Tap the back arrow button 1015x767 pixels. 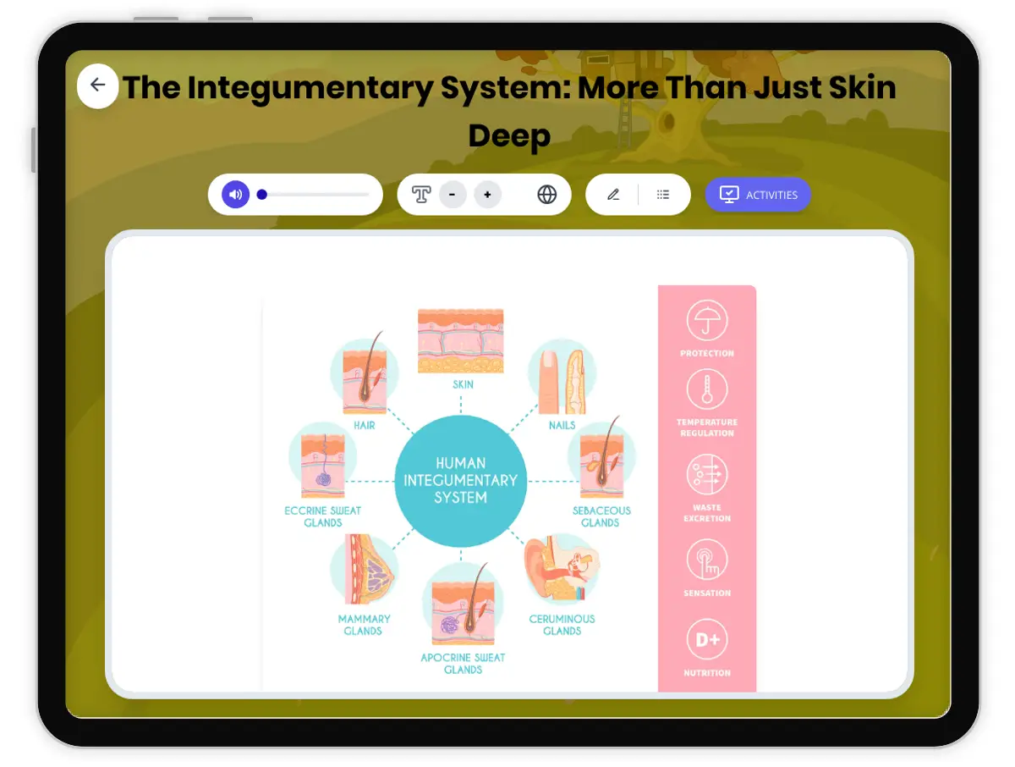pos(97,86)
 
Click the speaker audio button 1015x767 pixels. pos(235,195)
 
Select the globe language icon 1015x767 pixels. pos(547,195)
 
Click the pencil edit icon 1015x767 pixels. pos(613,195)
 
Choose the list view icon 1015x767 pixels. pos(663,195)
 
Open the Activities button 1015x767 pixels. pos(758,195)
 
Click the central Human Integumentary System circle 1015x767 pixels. pos(460,480)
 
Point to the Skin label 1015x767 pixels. pos(463,384)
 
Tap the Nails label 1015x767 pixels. pos(562,425)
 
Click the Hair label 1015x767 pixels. pos(365,425)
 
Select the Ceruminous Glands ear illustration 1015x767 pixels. pos(562,568)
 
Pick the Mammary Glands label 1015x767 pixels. pos(364,625)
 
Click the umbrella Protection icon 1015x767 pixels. pos(707,322)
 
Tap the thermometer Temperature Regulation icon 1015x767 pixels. pos(707,390)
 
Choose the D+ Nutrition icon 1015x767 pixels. pos(707,641)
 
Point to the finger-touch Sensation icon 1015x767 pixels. pos(707,560)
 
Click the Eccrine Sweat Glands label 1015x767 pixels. pos(322,516)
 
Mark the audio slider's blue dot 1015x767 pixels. pos(262,195)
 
